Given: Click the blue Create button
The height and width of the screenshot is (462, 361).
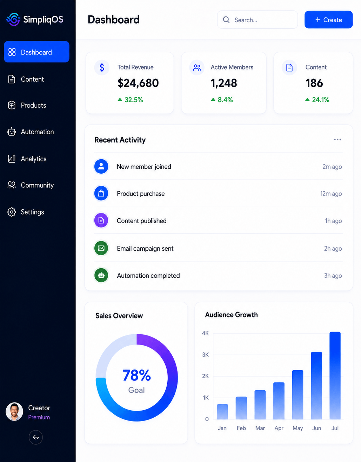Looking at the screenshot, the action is (x=328, y=20).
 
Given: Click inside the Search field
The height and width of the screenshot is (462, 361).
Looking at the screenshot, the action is (x=257, y=20).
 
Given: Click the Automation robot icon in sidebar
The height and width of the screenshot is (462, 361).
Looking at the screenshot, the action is (x=12, y=131).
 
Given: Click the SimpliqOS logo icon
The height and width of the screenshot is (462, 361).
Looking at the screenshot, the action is (x=13, y=19).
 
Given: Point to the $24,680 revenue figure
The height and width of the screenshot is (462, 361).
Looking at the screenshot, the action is (x=138, y=83).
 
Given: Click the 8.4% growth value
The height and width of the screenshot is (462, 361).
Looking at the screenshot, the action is (x=225, y=100).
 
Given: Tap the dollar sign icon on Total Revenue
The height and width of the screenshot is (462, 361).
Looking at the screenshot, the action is (x=102, y=68).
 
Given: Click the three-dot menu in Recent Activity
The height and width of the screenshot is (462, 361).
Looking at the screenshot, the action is (x=337, y=140).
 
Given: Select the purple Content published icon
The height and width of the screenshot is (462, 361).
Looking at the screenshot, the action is (x=101, y=220).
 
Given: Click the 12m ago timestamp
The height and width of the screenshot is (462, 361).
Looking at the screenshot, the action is (x=331, y=194).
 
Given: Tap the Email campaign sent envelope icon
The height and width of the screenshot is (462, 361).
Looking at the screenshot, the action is (x=101, y=248).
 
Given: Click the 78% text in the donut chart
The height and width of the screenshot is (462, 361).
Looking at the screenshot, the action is (x=136, y=375).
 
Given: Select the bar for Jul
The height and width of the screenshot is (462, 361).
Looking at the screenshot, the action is (x=335, y=376).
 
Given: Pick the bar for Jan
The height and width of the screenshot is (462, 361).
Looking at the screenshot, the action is (x=222, y=412).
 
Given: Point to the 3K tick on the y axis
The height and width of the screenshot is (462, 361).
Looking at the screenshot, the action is (x=205, y=355).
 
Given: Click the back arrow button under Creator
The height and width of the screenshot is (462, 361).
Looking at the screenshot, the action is (x=36, y=437).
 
